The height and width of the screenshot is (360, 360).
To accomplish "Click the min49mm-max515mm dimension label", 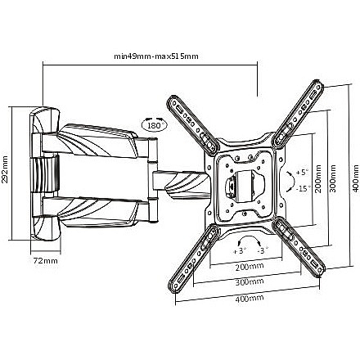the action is (x=156, y=56).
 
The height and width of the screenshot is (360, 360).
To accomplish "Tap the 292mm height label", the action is (x=5, y=173).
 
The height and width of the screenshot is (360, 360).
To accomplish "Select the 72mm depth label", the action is (x=46, y=261).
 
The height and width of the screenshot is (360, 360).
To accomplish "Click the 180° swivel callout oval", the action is (x=155, y=125).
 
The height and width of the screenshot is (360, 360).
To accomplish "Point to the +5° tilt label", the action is (x=302, y=173).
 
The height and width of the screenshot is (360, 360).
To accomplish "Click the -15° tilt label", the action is (x=304, y=188).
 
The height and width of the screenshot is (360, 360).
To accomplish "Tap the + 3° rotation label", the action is (x=240, y=250).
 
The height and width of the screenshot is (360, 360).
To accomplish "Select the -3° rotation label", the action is (x=263, y=250).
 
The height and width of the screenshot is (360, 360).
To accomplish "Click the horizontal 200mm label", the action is (x=250, y=266).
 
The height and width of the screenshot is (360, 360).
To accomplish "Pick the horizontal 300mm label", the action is (x=250, y=281).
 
